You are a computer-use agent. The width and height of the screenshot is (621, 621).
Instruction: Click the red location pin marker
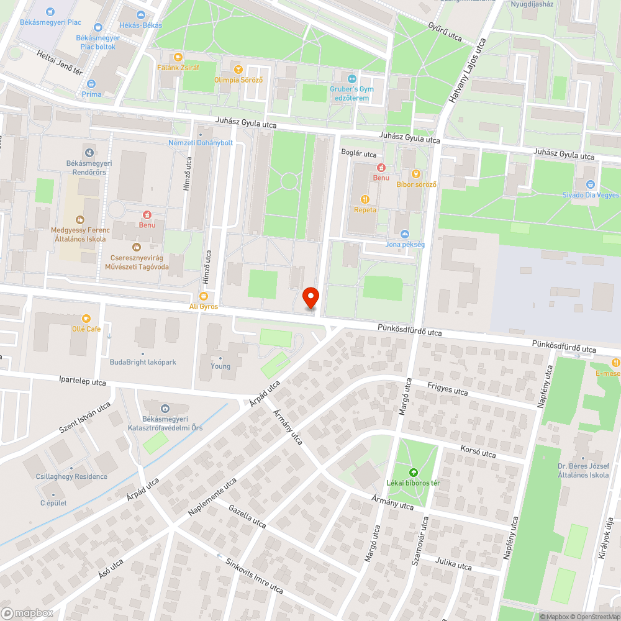[x=310, y=297]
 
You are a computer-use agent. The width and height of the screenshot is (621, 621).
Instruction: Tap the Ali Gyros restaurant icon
[x=204, y=296]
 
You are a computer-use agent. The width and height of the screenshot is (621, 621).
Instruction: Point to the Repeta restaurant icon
[x=365, y=199]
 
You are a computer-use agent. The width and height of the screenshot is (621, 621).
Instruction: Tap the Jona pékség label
[x=405, y=244]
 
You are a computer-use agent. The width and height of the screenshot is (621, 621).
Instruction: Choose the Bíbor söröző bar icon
[x=417, y=174]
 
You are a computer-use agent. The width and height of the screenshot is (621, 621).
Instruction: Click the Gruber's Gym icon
[x=352, y=79]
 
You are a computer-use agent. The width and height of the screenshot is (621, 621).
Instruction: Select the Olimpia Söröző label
[x=238, y=79]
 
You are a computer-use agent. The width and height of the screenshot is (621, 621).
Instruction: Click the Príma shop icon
[x=91, y=84]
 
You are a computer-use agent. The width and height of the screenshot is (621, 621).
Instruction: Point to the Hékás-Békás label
[x=140, y=25]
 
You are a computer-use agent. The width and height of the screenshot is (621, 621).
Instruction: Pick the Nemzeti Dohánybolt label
[x=201, y=142]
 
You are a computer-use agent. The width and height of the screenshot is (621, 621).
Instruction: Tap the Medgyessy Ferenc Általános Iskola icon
[x=80, y=219]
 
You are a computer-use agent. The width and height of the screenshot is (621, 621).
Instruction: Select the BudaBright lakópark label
[x=143, y=362]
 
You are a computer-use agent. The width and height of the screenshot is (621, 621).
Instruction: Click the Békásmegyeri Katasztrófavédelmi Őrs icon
[x=165, y=408]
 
